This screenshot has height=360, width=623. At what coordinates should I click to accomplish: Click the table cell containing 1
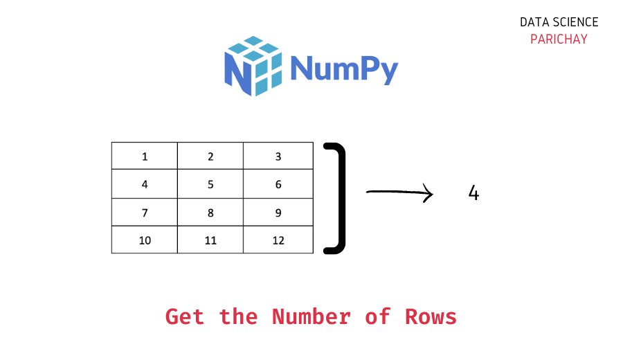pyautogui.click(x=145, y=156)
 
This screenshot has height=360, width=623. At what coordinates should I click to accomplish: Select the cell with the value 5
pyautogui.click(x=210, y=184)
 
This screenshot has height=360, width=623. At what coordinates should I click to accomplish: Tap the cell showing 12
pyautogui.click(x=278, y=240)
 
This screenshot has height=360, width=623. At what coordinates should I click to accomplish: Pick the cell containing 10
pyautogui.click(x=145, y=240)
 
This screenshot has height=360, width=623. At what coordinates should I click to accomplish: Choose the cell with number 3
pyautogui.click(x=278, y=156)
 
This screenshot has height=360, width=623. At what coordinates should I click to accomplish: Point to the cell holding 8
pyautogui.click(x=210, y=213)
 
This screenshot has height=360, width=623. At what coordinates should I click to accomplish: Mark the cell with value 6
pyautogui.click(x=278, y=184)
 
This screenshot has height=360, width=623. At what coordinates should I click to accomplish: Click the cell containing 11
pyautogui.click(x=210, y=240)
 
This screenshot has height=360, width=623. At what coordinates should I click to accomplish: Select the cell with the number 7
pyautogui.click(x=145, y=213)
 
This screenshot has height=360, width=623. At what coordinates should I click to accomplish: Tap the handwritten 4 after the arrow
pyautogui.click(x=473, y=193)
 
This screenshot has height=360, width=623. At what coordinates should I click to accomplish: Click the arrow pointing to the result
pyautogui.click(x=399, y=194)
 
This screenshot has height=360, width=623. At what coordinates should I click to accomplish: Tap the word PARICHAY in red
pyautogui.click(x=559, y=39)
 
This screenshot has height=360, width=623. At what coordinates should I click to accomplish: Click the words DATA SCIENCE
pyautogui.click(x=559, y=22)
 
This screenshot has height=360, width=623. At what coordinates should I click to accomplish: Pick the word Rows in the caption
pyautogui.click(x=431, y=316)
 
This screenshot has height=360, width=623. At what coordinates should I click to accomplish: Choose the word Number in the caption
pyautogui.click(x=311, y=316)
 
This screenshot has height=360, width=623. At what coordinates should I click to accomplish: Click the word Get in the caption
pyautogui.click(x=185, y=317)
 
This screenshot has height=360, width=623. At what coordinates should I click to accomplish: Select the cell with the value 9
pyautogui.click(x=278, y=213)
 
